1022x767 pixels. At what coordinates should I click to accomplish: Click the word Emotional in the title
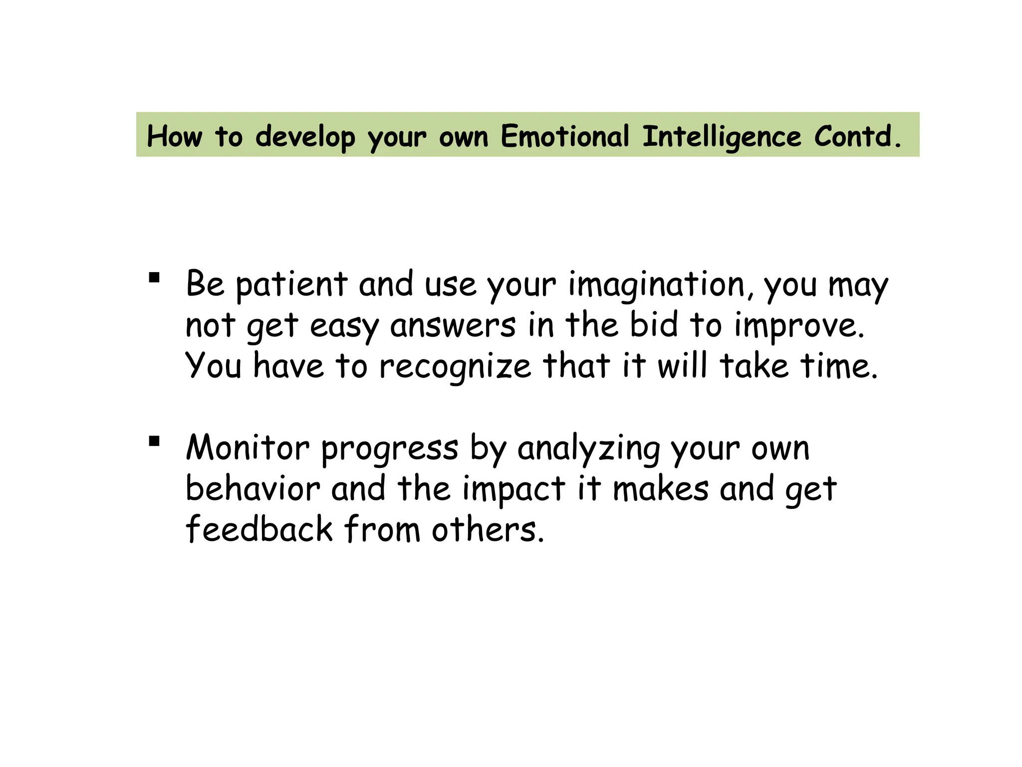click(565, 136)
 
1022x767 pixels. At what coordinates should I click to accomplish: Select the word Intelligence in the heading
click(722, 137)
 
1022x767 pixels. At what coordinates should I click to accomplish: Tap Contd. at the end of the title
click(858, 136)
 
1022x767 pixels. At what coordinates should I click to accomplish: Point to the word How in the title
click(175, 136)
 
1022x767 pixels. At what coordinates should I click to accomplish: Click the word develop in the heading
click(305, 137)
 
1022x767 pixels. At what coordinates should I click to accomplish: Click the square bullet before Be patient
click(154, 277)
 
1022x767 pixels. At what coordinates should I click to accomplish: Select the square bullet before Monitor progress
click(154, 441)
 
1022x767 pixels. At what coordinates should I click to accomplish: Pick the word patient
click(291, 285)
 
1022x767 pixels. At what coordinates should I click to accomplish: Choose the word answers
click(453, 326)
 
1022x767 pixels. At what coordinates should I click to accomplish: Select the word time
click(839, 366)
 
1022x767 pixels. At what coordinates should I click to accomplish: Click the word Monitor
click(248, 447)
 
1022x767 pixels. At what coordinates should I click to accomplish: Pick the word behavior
click(253, 488)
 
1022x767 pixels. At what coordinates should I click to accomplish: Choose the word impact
click(514, 489)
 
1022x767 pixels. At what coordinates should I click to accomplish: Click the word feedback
click(259, 529)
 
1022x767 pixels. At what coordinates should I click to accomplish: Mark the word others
click(488, 529)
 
